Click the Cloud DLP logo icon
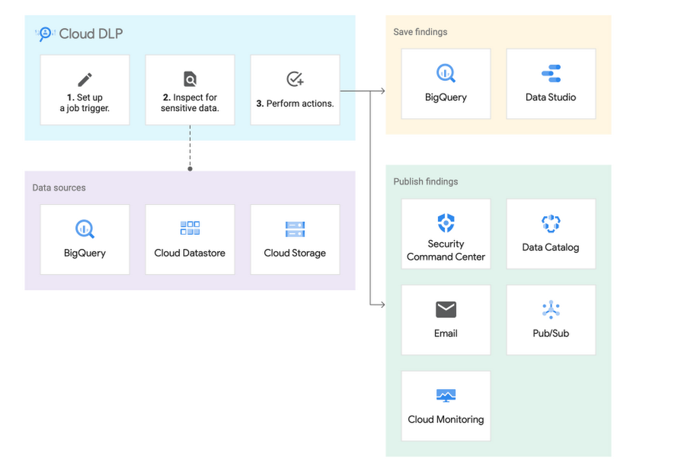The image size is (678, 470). pyautogui.click(x=45, y=34)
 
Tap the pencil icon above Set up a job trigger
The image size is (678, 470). pyautogui.click(x=85, y=79)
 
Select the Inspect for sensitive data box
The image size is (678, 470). pyautogui.click(x=190, y=90)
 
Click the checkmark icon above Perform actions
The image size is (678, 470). pyautogui.click(x=295, y=79)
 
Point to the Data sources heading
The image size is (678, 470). pyautogui.click(x=59, y=187)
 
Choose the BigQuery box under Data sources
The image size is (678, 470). pyautogui.click(x=85, y=239)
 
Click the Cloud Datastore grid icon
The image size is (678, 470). pyautogui.click(x=190, y=229)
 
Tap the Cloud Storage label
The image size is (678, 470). pyautogui.click(x=295, y=253)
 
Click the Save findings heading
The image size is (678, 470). pyautogui.click(x=420, y=32)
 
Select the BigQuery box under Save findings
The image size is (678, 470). pyautogui.click(x=445, y=83)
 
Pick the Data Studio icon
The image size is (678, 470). pyautogui.click(x=551, y=73)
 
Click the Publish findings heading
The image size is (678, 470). pyautogui.click(x=426, y=181)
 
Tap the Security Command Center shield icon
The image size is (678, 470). pyautogui.click(x=445, y=222)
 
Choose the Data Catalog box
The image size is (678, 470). pyautogui.click(x=551, y=234)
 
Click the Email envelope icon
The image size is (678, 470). pyautogui.click(x=445, y=310)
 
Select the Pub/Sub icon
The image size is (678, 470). pyautogui.click(x=551, y=310)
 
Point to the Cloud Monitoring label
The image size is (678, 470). pyautogui.click(x=445, y=419)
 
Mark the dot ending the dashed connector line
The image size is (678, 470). pyautogui.click(x=190, y=168)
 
